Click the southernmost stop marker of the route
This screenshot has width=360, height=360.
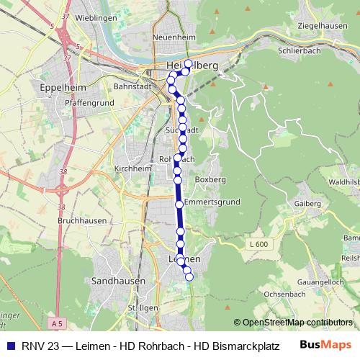tap(189, 276)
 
